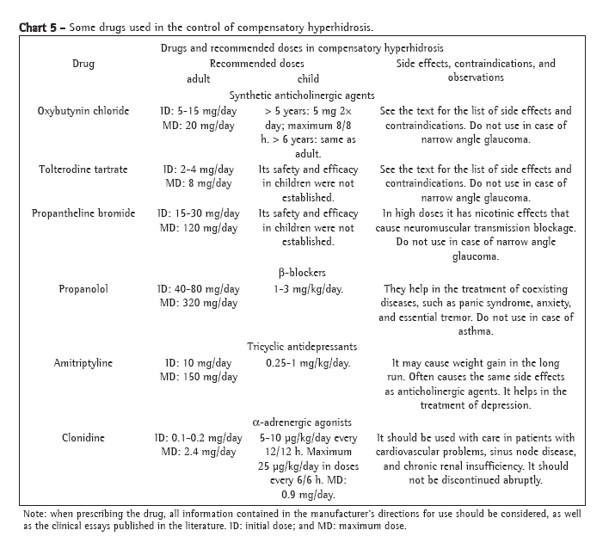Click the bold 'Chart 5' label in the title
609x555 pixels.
pos(38,26)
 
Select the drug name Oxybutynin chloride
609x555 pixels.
pos(83,112)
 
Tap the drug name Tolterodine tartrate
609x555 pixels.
pos(83,170)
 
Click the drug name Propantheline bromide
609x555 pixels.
pos(83,213)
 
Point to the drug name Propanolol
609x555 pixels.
pos(83,289)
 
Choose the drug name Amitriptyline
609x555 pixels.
pos(83,363)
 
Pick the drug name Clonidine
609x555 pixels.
pos(83,437)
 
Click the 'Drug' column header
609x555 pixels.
pos(83,64)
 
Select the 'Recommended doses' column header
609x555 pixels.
pos(256,64)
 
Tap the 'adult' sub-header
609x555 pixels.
pos(199,78)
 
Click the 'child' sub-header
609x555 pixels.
pos(308,78)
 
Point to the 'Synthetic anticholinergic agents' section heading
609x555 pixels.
pos(302,96)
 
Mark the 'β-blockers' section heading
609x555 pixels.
pos(302,273)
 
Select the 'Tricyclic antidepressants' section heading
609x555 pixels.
pos(302,347)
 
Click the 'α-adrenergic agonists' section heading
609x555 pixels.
pos(302,422)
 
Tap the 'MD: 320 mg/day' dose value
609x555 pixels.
pos(198,303)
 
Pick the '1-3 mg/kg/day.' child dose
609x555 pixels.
pos(308,289)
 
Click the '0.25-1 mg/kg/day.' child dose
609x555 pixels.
pos(308,363)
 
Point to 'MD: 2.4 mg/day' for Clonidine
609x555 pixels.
pos(198,452)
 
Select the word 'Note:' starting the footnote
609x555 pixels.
pos(35,514)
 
